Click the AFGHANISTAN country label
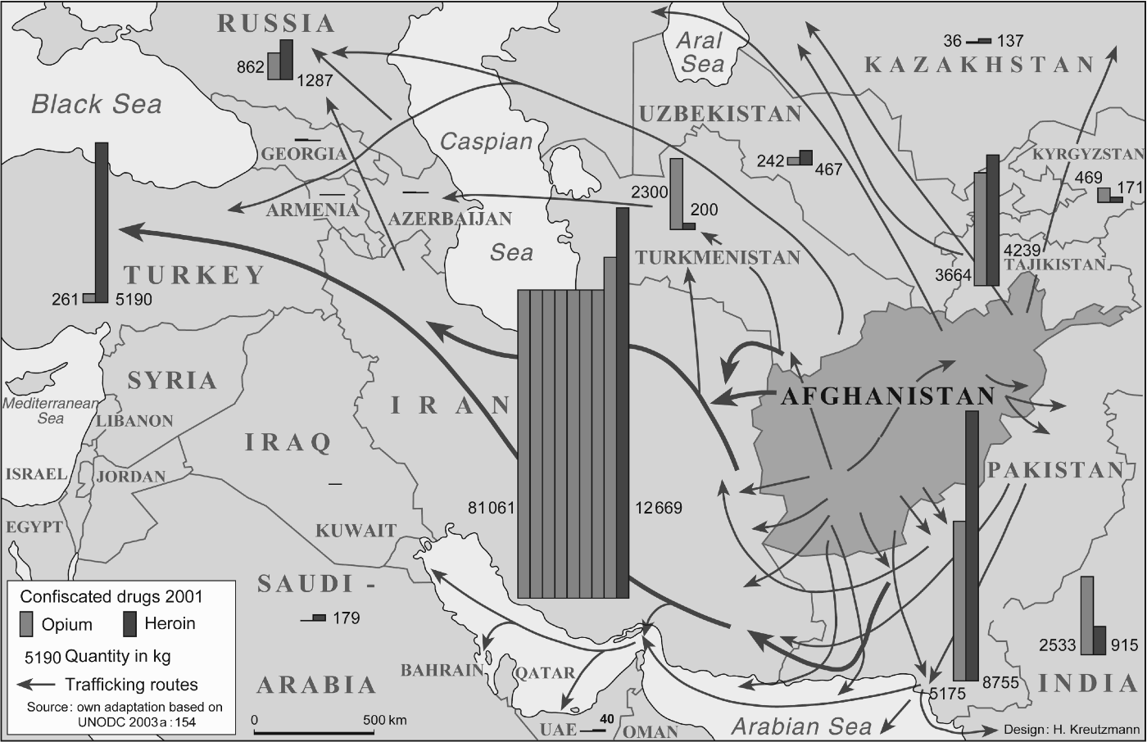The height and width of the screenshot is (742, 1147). point(887,396)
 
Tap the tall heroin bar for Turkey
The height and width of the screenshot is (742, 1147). point(102,221)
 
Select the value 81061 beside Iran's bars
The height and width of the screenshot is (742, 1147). point(491,508)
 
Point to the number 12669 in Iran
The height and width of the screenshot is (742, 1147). point(658,508)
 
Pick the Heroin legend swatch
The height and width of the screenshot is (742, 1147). point(129,624)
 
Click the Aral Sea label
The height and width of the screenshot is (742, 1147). point(700,51)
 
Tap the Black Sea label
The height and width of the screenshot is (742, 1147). point(97,104)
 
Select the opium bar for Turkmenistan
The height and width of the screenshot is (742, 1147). point(676,193)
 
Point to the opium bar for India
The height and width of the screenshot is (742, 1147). point(1086,615)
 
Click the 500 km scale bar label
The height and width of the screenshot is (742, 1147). point(385,720)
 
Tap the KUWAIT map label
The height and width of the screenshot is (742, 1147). point(356,531)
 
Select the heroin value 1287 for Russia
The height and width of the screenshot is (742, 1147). point(315,81)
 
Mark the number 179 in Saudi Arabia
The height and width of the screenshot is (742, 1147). point(346,618)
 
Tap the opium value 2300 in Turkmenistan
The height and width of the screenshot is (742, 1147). point(651,193)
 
